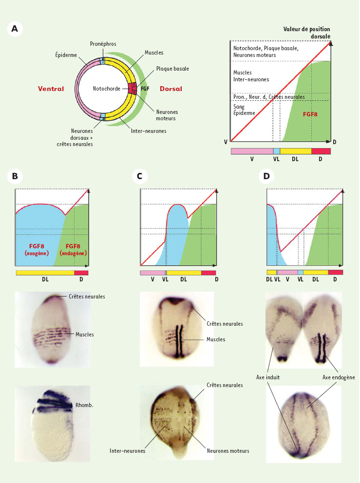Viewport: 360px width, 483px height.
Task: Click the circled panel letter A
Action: click(15, 29)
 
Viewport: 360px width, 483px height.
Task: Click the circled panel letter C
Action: click(140, 176)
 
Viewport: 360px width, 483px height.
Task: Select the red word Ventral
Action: click(51, 89)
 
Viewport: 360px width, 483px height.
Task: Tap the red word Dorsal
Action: click(171, 89)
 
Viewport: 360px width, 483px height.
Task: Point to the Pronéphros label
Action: click(103, 44)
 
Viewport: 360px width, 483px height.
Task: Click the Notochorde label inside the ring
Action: click(107, 89)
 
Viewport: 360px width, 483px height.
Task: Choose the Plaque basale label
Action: click(172, 69)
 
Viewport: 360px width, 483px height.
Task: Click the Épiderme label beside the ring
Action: click(66, 55)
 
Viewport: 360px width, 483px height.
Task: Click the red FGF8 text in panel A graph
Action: click(310, 114)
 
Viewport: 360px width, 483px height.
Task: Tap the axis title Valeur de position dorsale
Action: click(307, 33)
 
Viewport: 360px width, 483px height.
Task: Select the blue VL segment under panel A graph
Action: click(277, 151)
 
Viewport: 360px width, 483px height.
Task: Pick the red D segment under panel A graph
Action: click(321, 151)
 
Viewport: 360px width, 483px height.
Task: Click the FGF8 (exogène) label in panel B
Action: click(37, 250)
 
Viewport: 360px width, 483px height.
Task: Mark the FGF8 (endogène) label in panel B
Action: click(73, 250)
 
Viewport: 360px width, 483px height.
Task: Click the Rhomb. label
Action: click(84, 405)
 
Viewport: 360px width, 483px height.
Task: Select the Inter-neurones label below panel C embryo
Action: click(127, 451)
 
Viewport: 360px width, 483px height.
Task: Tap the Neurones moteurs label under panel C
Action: click(228, 451)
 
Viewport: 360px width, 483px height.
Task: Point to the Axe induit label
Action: click(268, 377)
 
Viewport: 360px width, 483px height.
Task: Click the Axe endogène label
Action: click(339, 377)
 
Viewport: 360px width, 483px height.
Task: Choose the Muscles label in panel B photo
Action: click(84, 334)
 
